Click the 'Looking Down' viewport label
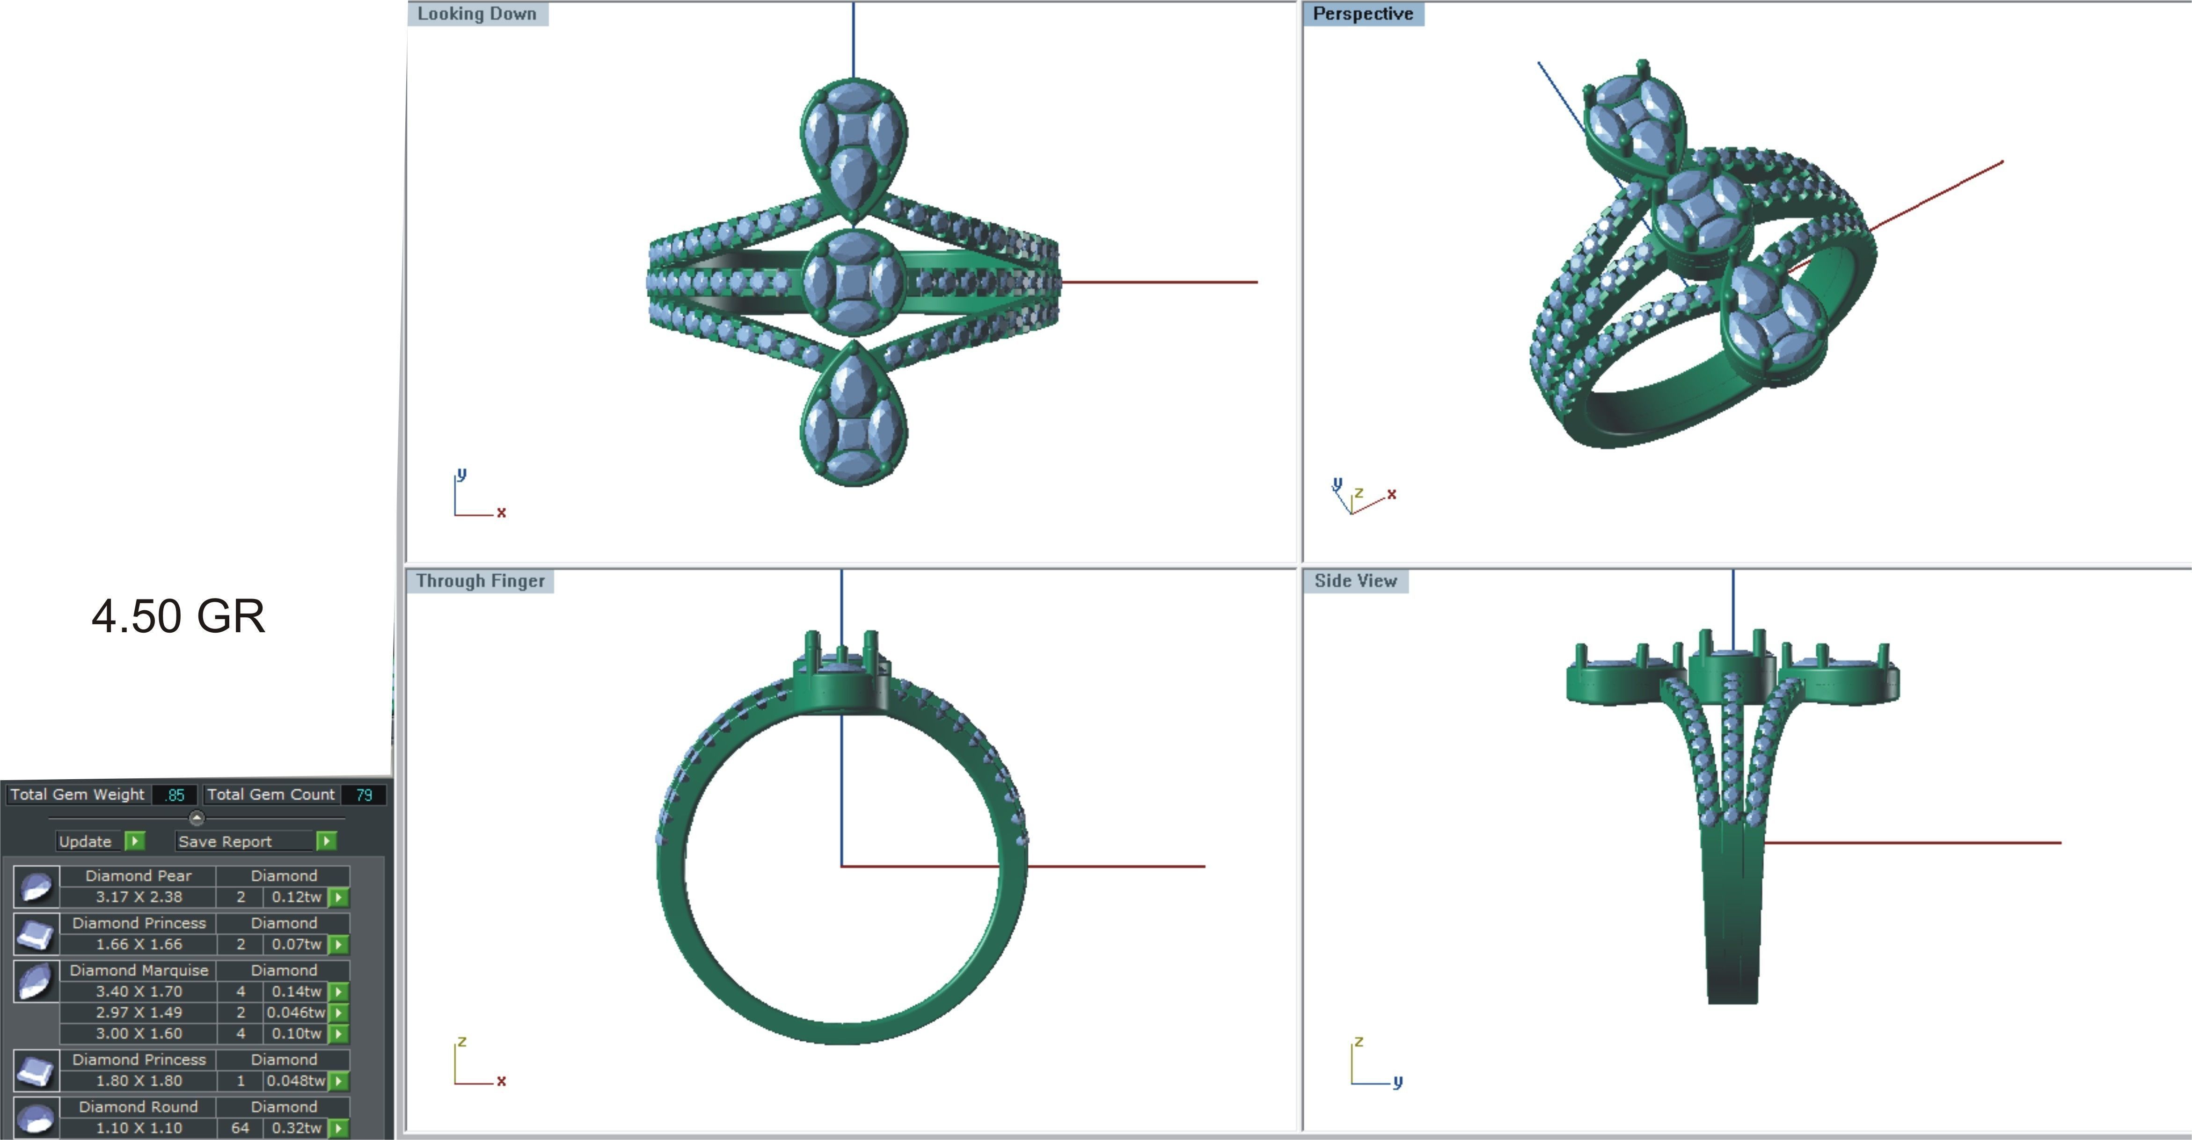click(476, 14)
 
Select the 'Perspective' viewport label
click(1362, 14)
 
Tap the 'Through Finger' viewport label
click(480, 581)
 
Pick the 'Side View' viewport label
click(1356, 581)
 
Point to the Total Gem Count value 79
click(364, 795)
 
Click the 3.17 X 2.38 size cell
click(138, 897)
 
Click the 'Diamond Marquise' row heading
click(139, 970)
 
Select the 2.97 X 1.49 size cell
click(138, 1012)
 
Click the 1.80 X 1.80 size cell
click(138, 1081)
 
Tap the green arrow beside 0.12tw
click(339, 898)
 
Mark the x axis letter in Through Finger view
click(501, 1081)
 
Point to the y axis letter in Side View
click(1397, 1082)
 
